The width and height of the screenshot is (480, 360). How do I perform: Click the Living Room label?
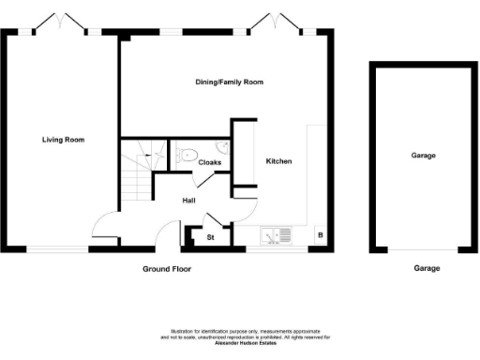click(x=63, y=140)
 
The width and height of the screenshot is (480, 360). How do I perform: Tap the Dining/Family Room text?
click(x=229, y=82)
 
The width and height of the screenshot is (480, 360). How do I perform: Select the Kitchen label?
click(x=278, y=162)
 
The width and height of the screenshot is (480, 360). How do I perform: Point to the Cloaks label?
click(x=209, y=162)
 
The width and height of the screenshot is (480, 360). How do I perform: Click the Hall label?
click(x=187, y=200)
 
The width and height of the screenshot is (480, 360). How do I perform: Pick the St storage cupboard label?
click(x=210, y=237)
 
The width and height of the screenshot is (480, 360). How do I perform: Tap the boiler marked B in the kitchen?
click(x=320, y=235)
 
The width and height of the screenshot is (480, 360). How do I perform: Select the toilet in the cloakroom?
click(x=184, y=156)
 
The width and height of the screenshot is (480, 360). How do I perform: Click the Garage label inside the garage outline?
click(x=423, y=156)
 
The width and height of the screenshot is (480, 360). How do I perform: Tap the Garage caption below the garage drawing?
click(x=427, y=268)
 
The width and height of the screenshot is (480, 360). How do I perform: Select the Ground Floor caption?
click(x=166, y=268)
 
